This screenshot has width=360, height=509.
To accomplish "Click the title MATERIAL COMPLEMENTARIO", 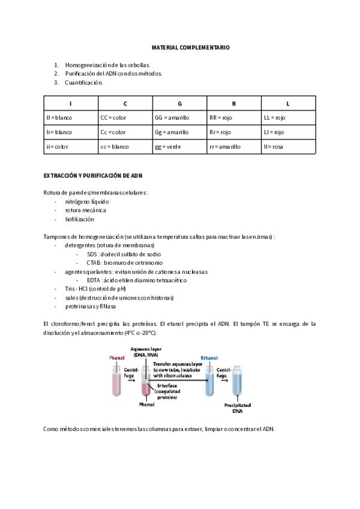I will pyautogui.click(x=190, y=47).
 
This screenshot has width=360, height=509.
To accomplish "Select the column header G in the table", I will pyautogui.click(x=179, y=104).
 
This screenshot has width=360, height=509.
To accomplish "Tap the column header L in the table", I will pyautogui.click(x=289, y=104).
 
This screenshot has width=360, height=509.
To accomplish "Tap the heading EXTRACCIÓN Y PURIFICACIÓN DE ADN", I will pyautogui.click(x=93, y=176).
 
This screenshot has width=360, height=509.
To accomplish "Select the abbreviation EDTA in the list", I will pyautogui.click(x=94, y=280).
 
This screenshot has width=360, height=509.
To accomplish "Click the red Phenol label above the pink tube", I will pyautogui.click(x=116, y=358).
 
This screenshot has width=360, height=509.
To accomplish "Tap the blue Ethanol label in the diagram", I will pyautogui.click(x=209, y=358).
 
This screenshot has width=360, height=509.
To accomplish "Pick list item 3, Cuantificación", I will pyautogui.click(x=83, y=83).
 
